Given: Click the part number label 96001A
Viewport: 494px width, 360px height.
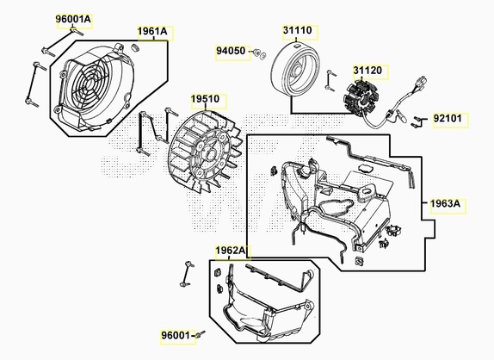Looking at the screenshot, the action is point(73,19).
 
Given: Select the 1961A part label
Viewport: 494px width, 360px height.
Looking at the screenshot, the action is point(152,31).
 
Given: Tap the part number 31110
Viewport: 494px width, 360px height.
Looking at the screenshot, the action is point(298,30).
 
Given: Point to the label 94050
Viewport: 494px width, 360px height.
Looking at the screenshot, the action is point(231,51).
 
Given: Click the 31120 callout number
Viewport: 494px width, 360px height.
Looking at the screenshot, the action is point(367,71).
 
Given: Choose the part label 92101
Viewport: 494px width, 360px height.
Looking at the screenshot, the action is point(448,118).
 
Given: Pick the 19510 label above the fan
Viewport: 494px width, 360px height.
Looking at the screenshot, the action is point(205,99).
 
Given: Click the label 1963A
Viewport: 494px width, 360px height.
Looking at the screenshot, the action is point(446,203).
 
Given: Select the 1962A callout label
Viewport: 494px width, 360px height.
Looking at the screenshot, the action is point(231,251).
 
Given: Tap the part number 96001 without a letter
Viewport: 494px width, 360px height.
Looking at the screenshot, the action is point(176,335).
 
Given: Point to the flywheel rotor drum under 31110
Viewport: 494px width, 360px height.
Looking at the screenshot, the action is point(296,69).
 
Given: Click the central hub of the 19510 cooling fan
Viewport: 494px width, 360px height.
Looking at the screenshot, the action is point(209,155).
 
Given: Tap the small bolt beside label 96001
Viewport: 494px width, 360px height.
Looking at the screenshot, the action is point(201,334).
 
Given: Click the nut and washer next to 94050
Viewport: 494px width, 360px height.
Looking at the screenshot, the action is point(259,53).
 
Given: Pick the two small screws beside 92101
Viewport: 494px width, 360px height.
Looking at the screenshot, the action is point(416,122).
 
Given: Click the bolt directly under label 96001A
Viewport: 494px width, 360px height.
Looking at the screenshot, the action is point(77,31).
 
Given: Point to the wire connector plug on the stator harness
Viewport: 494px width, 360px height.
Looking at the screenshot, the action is point(421,81).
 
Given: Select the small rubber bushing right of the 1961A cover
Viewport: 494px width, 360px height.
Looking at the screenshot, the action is point(134,48).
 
